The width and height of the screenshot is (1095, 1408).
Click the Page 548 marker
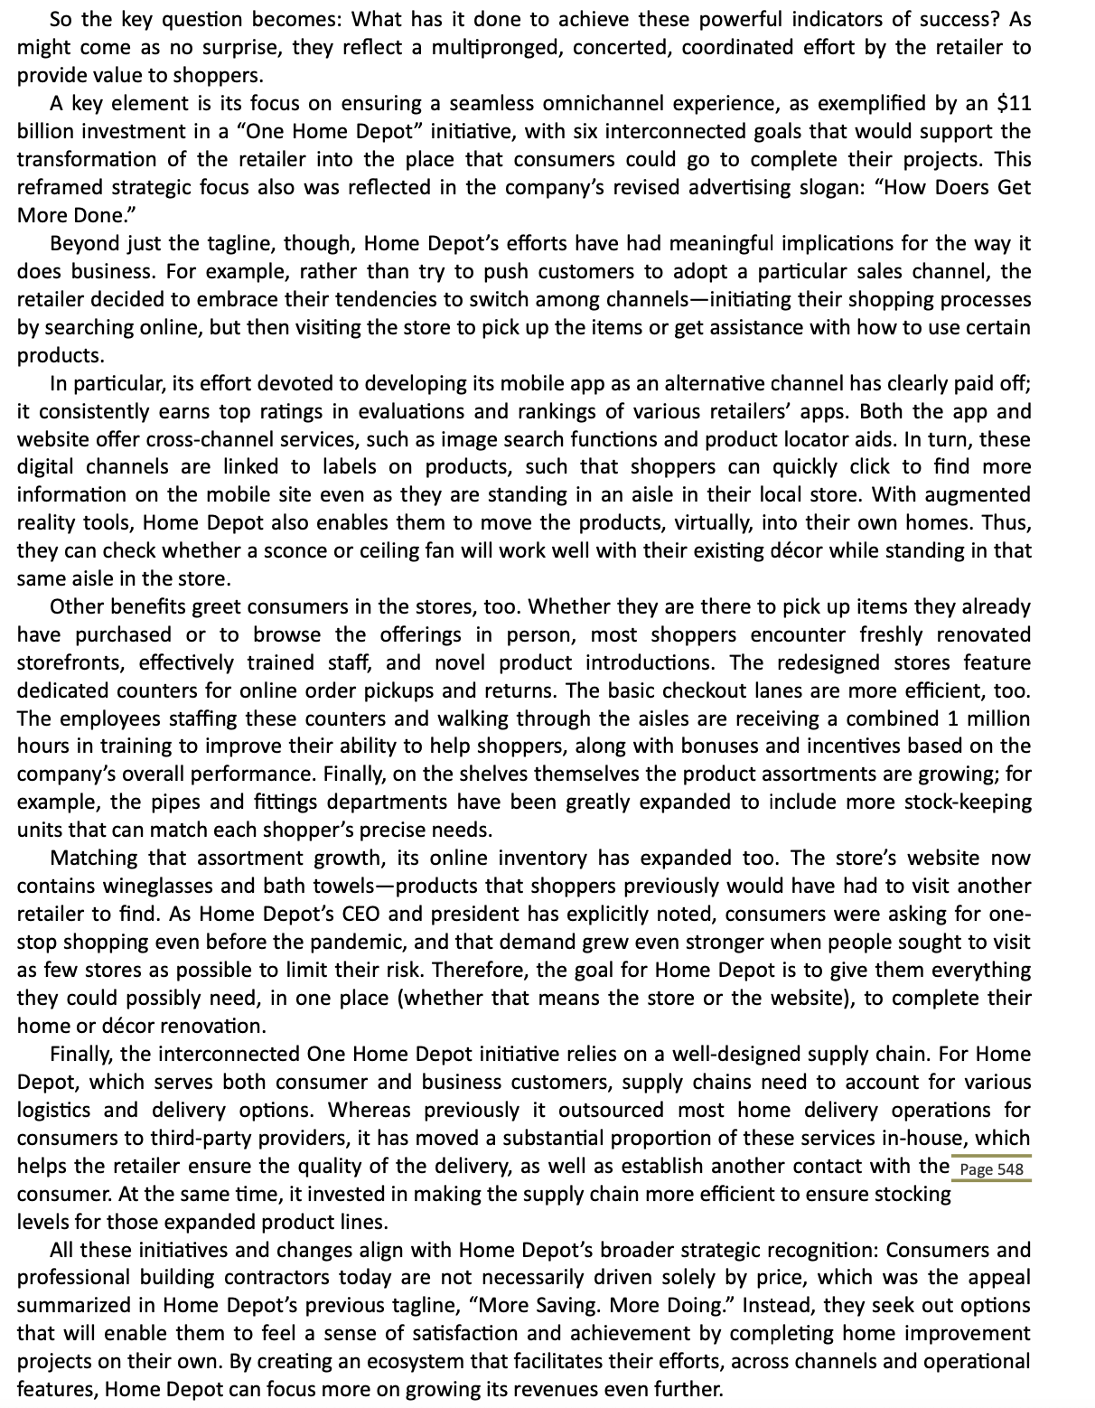pyautogui.click(x=991, y=1169)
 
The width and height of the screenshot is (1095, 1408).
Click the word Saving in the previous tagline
pyautogui.click(x=568, y=1305)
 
